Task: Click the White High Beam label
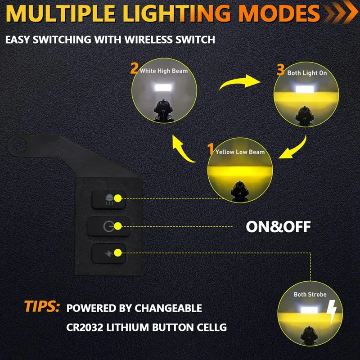[x=163, y=71]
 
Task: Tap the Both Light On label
[x=307, y=72]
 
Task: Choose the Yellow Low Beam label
[x=240, y=152]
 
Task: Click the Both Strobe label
[x=310, y=294]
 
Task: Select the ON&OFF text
[x=278, y=226]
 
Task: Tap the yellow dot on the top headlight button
[x=118, y=198]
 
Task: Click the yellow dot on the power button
[x=118, y=226]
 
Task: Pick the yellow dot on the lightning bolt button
[x=118, y=253]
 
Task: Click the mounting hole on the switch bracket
[x=19, y=144]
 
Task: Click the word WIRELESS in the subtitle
[x=151, y=40]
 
